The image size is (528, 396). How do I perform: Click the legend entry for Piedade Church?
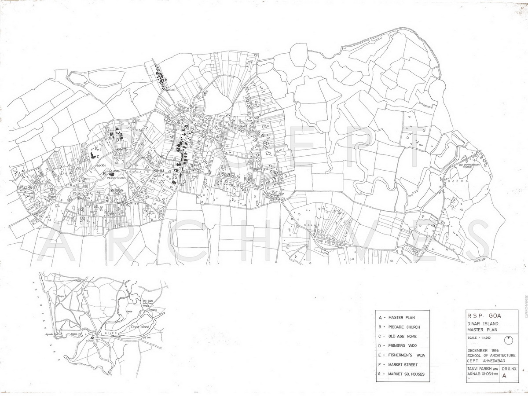403,327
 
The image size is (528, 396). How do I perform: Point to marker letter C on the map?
99,157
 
